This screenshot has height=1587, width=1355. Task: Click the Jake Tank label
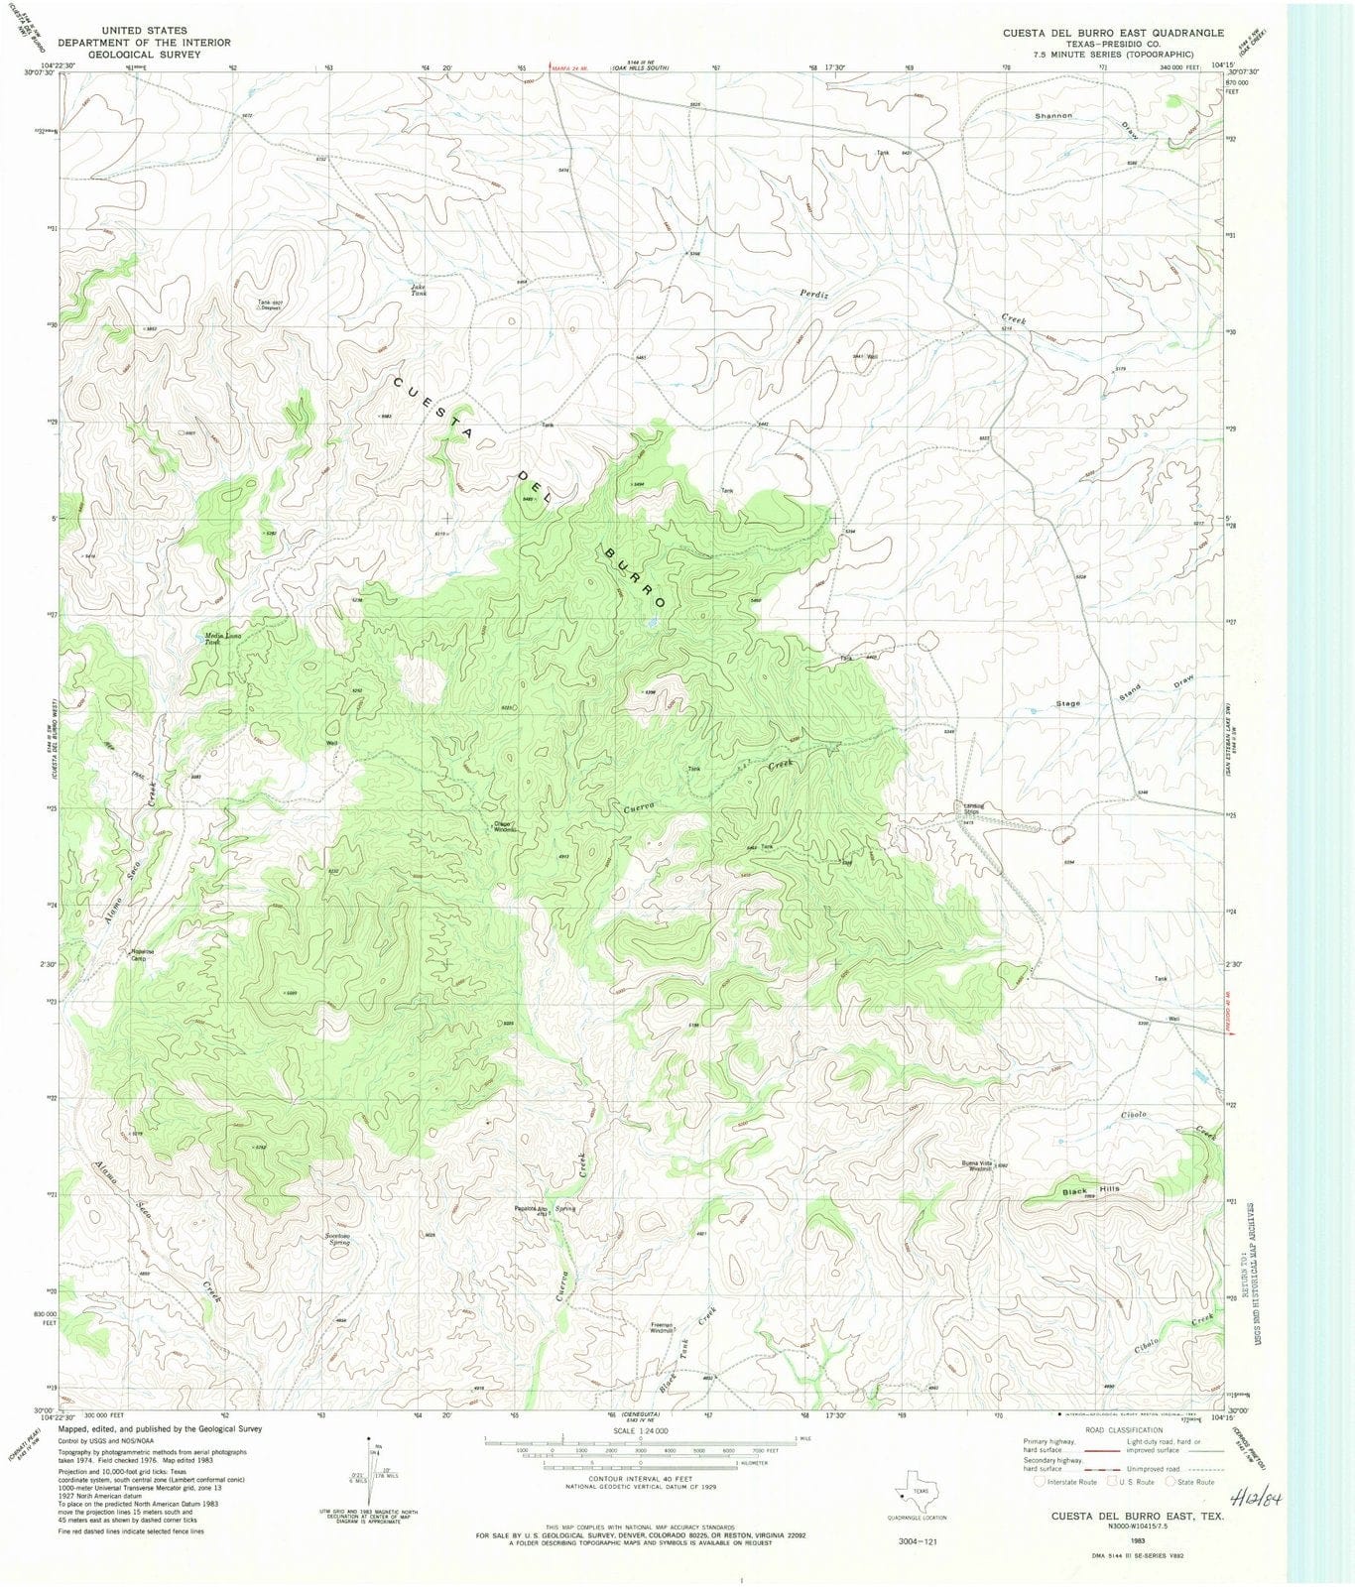pos(419,291)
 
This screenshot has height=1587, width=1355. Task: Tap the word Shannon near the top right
pos(1053,116)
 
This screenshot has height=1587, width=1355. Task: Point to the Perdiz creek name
pos(813,294)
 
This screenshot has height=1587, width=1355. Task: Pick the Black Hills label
pos(1090,1190)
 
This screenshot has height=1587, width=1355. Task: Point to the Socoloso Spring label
pos(337,1239)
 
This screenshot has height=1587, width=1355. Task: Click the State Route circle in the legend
pos(1171,1481)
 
